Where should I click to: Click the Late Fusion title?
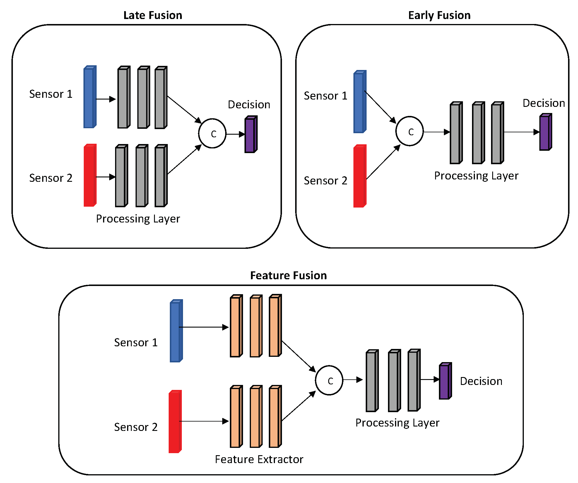pos(153,15)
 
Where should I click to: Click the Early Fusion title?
pos(439,15)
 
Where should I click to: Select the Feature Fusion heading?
pos(288,275)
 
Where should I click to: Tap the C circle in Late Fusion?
pos(212,133)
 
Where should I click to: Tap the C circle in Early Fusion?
pos(409,131)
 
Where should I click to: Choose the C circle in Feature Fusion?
pos(329,380)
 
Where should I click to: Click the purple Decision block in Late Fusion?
pos(251,135)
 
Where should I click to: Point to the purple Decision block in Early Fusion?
pos(545,132)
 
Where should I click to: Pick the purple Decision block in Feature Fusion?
pos(445,381)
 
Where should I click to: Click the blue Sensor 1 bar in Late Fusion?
pos(90,97)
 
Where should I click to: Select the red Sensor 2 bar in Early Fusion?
pos(360,176)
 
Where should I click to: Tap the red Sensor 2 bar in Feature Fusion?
pos(175,422)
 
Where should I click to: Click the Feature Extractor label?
pos(259,459)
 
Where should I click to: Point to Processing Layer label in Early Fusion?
pos(476,176)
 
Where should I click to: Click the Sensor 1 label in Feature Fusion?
pos(136,342)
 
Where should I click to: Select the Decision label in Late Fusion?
pos(249,105)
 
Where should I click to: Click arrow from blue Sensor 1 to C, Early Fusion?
pos(380,107)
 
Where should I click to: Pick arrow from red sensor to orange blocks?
pos(204,421)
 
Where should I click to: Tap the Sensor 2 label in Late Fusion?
pos(51,178)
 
